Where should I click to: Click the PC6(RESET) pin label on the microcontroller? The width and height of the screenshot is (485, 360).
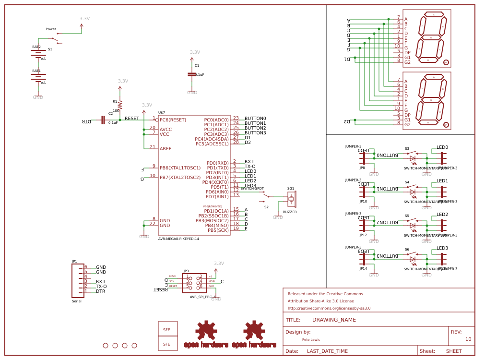point(173,120)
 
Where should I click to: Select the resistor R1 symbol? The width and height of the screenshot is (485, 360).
point(120,105)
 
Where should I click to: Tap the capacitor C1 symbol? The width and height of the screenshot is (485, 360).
point(192,74)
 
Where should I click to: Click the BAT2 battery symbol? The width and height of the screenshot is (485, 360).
point(38,53)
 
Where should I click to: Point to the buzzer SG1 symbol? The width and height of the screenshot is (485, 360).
point(292,199)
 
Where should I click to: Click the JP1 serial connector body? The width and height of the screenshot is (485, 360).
point(78,281)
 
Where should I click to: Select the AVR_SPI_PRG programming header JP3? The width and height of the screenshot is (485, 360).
point(194,283)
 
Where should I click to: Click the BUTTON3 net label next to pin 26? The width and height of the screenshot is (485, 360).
point(255,133)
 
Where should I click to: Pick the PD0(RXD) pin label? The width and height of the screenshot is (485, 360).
point(217,163)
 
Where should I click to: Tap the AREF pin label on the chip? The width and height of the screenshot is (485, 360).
point(166,149)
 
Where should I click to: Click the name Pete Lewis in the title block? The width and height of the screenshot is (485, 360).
point(311,339)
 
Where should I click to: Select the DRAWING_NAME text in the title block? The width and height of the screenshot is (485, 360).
point(334,320)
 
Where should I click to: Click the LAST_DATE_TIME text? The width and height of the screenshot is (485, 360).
point(327,351)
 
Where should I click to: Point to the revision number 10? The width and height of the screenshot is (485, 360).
point(468,339)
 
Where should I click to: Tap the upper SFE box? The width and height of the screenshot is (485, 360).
point(167,329)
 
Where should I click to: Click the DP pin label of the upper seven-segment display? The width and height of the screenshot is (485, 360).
point(407,53)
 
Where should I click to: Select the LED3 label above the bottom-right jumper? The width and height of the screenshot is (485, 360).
point(442,248)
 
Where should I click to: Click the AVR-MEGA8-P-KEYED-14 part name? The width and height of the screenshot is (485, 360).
point(178,239)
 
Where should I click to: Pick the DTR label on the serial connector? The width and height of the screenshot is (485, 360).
point(100,291)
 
